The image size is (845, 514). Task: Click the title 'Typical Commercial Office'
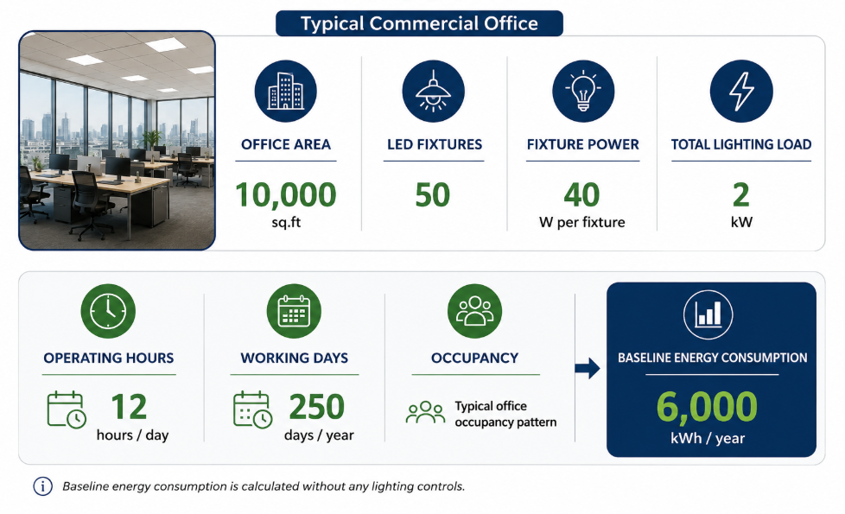pyautogui.click(x=419, y=23)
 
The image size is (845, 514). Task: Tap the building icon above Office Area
pyautogui.click(x=286, y=91)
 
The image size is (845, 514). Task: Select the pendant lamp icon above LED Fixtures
pyautogui.click(x=433, y=91)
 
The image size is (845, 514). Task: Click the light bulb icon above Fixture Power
pyautogui.click(x=583, y=91)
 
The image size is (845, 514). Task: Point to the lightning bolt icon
pyautogui.click(x=741, y=91)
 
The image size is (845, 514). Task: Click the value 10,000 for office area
pyautogui.click(x=286, y=194)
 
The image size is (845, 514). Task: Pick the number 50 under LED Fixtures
pyautogui.click(x=433, y=194)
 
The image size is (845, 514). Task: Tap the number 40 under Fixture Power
pyautogui.click(x=582, y=194)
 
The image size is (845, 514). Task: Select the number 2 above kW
pyautogui.click(x=741, y=194)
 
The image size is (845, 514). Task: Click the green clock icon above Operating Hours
pyautogui.click(x=108, y=311)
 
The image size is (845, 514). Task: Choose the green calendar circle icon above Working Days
pyautogui.click(x=295, y=311)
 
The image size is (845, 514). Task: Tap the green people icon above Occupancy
pyautogui.click(x=475, y=311)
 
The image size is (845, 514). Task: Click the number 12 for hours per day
pyautogui.click(x=129, y=407)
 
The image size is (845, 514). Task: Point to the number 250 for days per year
pyautogui.click(x=317, y=407)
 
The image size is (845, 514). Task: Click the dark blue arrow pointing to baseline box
pyautogui.click(x=588, y=369)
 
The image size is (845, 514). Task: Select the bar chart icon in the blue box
pyautogui.click(x=708, y=314)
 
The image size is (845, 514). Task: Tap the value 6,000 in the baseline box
pyautogui.click(x=707, y=407)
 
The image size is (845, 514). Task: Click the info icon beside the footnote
pyautogui.click(x=43, y=486)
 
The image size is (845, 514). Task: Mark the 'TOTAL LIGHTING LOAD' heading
pyautogui.click(x=741, y=144)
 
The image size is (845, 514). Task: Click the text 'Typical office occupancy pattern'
pyautogui.click(x=505, y=414)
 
